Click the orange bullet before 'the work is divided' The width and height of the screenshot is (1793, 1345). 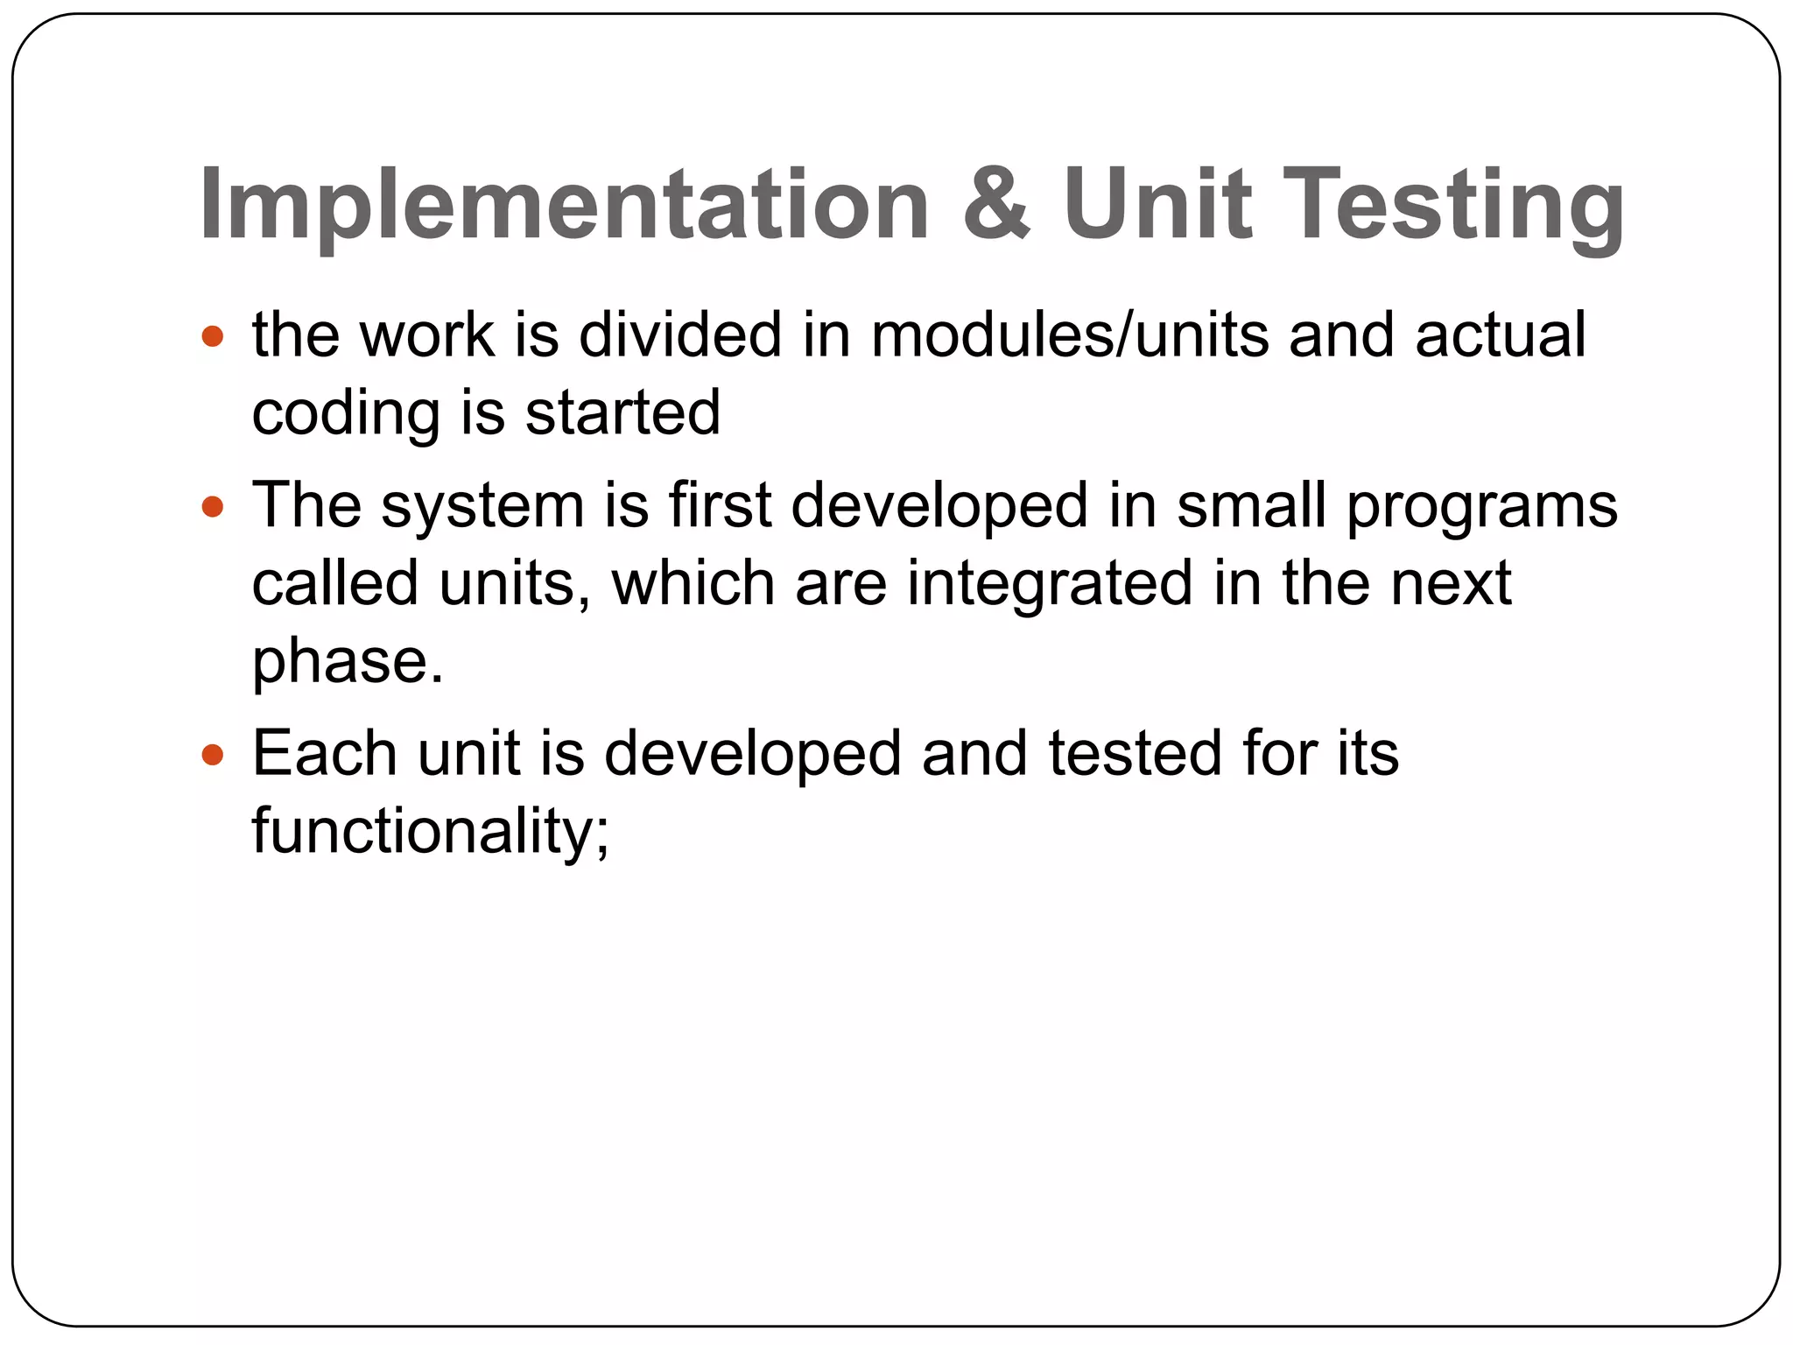pos(213,336)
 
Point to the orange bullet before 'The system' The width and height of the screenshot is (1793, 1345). pos(213,507)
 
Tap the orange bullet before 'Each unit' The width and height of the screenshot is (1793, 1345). pos(213,754)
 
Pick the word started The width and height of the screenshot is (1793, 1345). pos(622,413)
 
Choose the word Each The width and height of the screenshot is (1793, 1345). pos(324,753)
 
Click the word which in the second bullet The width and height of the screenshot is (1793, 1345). pos(693,583)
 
